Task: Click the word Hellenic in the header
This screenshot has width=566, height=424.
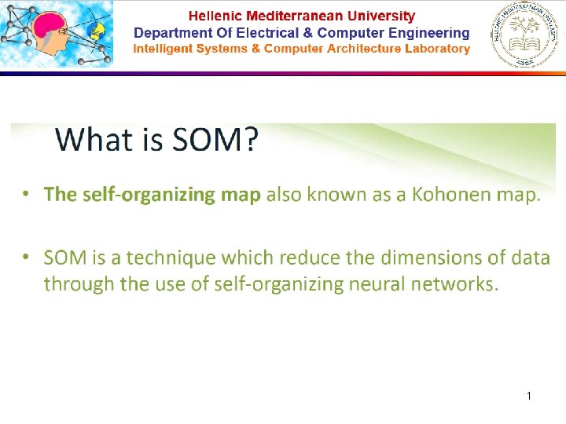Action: (215, 16)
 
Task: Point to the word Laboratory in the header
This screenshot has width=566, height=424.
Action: (435, 49)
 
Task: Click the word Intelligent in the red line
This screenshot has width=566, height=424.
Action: (164, 49)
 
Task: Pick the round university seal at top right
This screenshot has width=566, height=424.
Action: (527, 36)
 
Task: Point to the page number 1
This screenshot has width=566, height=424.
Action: (529, 397)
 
